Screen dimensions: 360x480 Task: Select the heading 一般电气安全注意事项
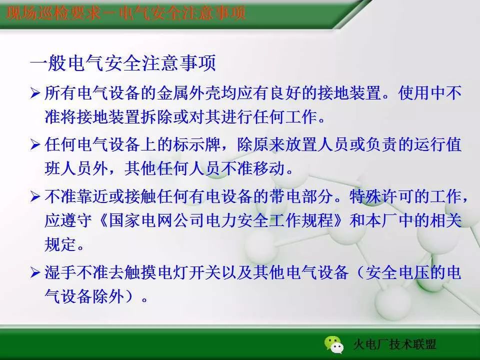tap(122, 64)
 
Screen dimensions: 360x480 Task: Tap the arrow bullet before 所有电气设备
tap(35, 93)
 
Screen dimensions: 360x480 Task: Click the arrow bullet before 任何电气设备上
tap(35, 145)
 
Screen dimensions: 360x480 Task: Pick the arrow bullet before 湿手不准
tap(35, 273)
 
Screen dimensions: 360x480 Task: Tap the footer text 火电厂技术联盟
tap(394, 345)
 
